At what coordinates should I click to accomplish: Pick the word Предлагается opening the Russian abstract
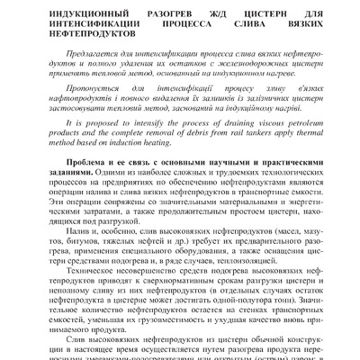[102, 66]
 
